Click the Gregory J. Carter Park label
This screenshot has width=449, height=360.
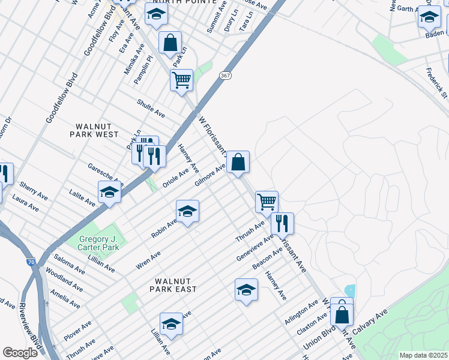pos(100,243)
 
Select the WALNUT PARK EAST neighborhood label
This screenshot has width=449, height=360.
pos(173,284)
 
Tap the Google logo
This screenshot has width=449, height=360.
pos(20,352)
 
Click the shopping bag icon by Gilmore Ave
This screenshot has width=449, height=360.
pos(238,162)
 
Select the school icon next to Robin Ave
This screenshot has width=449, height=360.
pos(187,212)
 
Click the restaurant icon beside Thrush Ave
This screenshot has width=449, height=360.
pos(282,224)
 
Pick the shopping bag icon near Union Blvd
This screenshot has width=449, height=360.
pos(342,314)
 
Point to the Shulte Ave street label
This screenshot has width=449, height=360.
pos(151,108)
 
